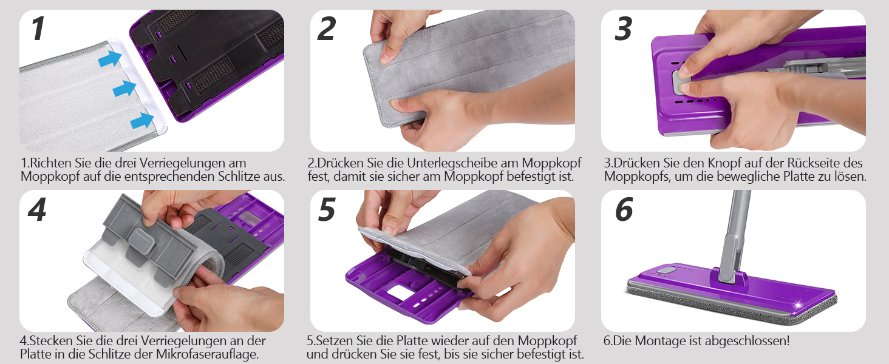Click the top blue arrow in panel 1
coord(110,59)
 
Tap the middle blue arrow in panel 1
coord(124,89)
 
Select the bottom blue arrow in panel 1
coord(142,121)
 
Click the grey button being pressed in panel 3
coord(680,82)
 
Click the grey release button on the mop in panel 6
coord(666,271)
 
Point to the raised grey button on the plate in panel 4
coord(142,240)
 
